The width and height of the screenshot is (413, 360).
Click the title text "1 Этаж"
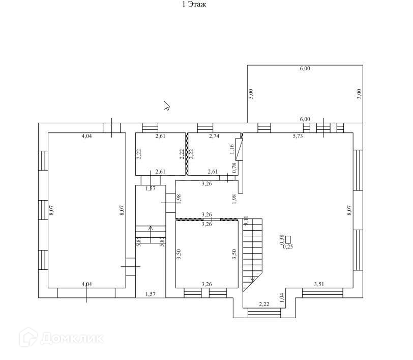194,5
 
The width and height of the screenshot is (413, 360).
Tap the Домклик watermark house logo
28,338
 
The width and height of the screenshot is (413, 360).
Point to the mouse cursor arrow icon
166,105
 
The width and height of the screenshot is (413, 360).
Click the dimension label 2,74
214,136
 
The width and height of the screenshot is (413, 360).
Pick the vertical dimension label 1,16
232,149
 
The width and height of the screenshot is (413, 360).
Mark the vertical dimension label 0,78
234,168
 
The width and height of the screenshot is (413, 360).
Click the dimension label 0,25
288,246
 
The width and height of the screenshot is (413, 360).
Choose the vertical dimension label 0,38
282,239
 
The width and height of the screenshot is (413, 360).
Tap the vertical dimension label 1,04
282,295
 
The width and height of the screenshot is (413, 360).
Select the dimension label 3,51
320,284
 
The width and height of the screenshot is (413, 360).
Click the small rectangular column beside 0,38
288,239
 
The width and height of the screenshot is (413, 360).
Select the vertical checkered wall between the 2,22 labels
187,154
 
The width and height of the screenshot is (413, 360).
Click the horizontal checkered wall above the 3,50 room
206,219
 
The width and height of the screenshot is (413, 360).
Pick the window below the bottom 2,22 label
264,313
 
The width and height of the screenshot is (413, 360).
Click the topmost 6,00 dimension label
305,69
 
